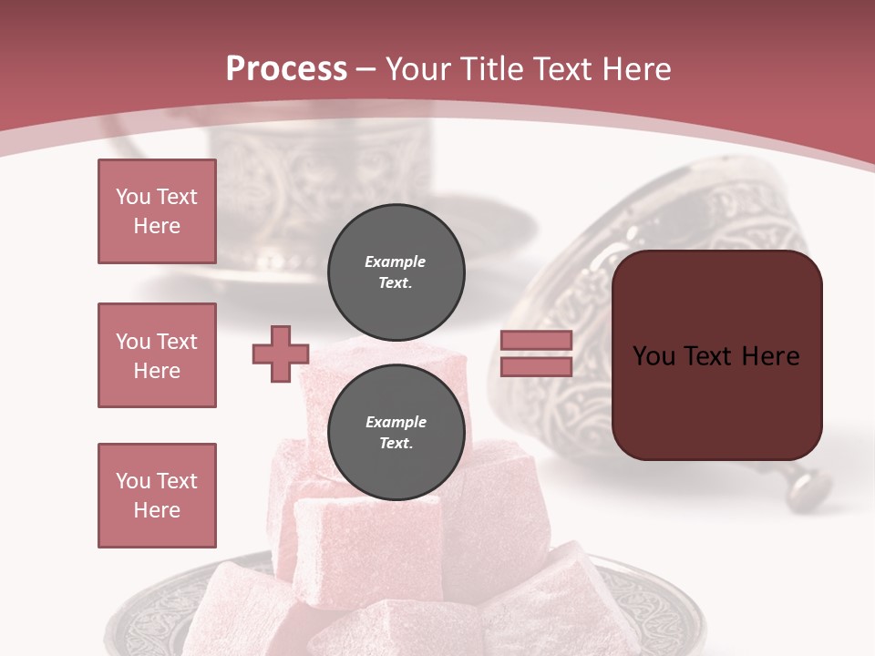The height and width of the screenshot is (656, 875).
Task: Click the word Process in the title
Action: tap(286, 69)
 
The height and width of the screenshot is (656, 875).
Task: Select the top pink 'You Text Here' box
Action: tap(157, 211)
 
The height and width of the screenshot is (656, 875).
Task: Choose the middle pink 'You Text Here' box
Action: tap(157, 355)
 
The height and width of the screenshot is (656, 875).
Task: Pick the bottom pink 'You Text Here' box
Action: tap(157, 496)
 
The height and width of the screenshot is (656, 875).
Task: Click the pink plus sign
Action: tap(281, 354)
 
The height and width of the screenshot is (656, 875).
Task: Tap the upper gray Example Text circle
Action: tap(396, 272)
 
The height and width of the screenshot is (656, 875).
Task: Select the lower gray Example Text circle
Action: tap(396, 433)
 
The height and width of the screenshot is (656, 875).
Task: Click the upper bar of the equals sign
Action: tap(536, 341)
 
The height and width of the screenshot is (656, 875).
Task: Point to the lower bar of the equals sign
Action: tap(536, 366)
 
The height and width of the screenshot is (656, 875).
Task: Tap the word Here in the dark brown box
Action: tap(770, 356)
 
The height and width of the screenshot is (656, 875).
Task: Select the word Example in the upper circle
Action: tap(396, 262)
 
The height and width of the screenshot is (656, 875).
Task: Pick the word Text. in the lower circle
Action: tap(396, 444)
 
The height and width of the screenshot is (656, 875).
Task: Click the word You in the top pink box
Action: tap(134, 197)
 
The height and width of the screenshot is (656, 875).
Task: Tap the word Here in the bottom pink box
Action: tap(157, 510)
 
